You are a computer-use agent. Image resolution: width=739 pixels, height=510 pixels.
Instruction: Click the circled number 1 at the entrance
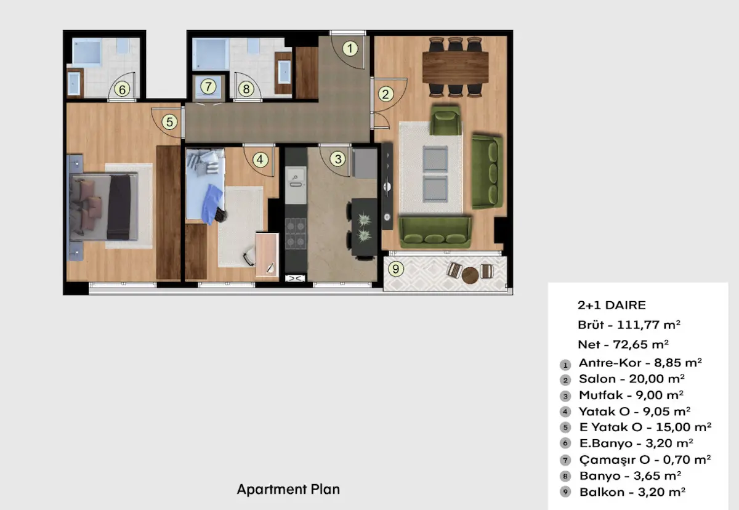tap(350, 49)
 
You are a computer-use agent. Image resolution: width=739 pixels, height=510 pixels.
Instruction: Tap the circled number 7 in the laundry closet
tap(208, 87)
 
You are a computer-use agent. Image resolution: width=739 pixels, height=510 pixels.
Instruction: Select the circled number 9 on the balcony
tap(395, 269)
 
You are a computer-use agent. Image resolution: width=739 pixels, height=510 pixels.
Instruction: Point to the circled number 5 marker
tap(169, 122)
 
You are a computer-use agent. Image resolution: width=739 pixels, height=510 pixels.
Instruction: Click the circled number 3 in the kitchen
tap(337, 159)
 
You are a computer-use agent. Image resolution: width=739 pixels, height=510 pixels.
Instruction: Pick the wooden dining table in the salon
tap(455, 67)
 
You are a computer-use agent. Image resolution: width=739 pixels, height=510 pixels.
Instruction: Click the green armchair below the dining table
tap(445, 121)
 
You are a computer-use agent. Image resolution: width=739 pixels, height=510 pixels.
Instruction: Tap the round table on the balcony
tap(470, 275)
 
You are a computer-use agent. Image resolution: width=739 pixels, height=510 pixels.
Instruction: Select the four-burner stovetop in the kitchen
tap(296, 233)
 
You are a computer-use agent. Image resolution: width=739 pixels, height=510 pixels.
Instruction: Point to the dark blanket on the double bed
tap(119, 207)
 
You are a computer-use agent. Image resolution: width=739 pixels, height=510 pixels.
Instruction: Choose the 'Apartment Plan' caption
tap(288, 489)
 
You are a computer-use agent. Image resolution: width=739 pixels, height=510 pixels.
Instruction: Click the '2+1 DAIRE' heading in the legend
tap(612, 305)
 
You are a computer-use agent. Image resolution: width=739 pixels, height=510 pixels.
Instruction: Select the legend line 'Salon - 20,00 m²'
tap(631, 379)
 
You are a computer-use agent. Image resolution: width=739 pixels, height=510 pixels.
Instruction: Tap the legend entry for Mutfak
tap(631, 395)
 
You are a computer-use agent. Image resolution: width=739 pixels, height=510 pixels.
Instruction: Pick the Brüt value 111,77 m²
tap(648, 325)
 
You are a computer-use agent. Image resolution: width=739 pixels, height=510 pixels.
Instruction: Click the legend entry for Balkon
tap(632, 492)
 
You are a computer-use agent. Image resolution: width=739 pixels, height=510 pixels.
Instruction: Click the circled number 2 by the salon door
tap(386, 94)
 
